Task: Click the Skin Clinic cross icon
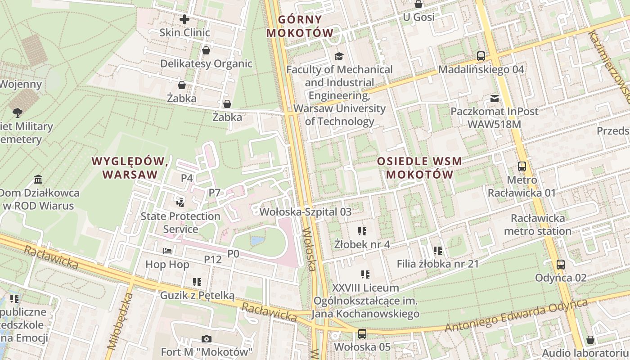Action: pyautogui.click(x=184, y=19)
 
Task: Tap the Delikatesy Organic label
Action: pyautogui.click(x=206, y=63)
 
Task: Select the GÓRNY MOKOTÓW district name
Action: pyautogui.click(x=300, y=26)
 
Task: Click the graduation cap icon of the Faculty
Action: pyautogui.click(x=338, y=56)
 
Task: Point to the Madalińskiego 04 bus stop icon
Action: pyautogui.click(x=481, y=57)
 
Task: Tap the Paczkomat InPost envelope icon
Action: pyautogui.click(x=495, y=99)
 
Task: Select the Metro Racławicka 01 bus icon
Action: pyautogui.click(x=522, y=166)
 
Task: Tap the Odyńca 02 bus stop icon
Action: pyautogui.click(x=560, y=265)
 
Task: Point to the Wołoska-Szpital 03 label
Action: pyautogui.click(x=306, y=211)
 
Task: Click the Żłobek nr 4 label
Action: pyautogui.click(x=362, y=244)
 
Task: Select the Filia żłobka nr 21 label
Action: pyautogui.click(x=437, y=264)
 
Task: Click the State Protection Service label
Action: pyautogui.click(x=180, y=222)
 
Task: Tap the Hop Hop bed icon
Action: pyautogui.click(x=167, y=251)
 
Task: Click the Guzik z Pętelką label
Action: pyautogui.click(x=198, y=296)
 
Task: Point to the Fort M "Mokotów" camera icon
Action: pyautogui.click(x=207, y=339)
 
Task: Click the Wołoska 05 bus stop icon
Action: pyautogui.click(x=362, y=334)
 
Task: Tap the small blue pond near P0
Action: pyautogui.click(x=257, y=241)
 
